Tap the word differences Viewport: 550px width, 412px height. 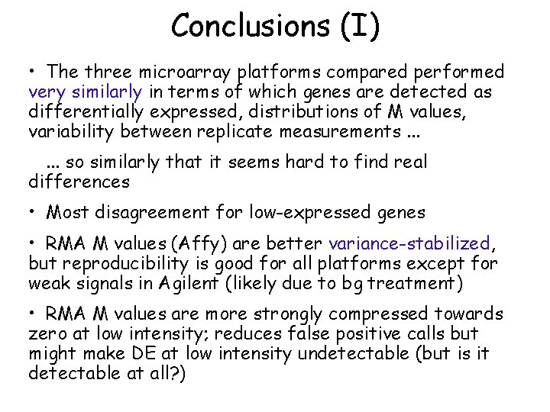coord(79,182)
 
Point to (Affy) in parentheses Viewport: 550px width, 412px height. coord(199,244)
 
